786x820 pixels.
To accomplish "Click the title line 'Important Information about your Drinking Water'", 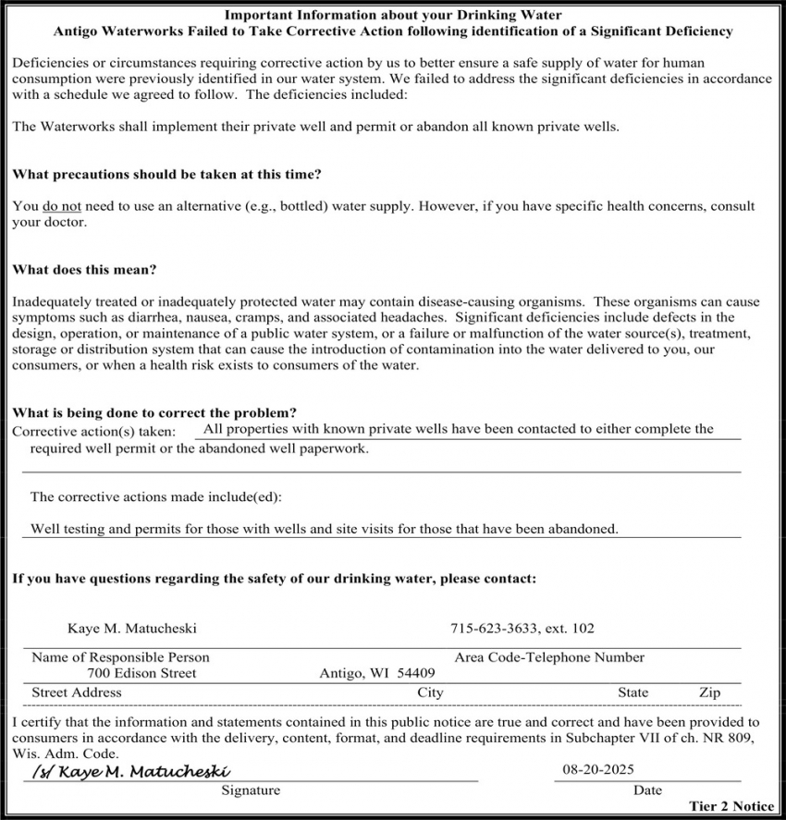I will [393, 16].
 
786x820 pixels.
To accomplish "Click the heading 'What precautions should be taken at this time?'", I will [166, 174].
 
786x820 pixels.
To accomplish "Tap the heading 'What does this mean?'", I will [84, 270].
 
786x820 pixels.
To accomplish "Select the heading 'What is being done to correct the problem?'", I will [154, 413].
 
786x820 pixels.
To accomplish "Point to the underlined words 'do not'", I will [62, 206].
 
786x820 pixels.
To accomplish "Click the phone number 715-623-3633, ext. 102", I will [522, 629].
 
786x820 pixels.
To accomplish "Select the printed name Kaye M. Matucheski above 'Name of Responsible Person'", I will [132, 629].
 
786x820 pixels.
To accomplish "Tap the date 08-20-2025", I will [598, 769].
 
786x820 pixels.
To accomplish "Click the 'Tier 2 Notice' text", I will [731, 806].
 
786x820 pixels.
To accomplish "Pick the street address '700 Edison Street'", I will [141, 673].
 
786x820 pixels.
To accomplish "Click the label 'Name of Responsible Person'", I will [120, 657].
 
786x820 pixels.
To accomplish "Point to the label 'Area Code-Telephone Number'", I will [549, 657].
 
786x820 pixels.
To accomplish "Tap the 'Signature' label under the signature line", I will [250, 790].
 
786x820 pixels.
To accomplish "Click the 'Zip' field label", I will [709, 691].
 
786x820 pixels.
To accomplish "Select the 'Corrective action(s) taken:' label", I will [93, 432].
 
